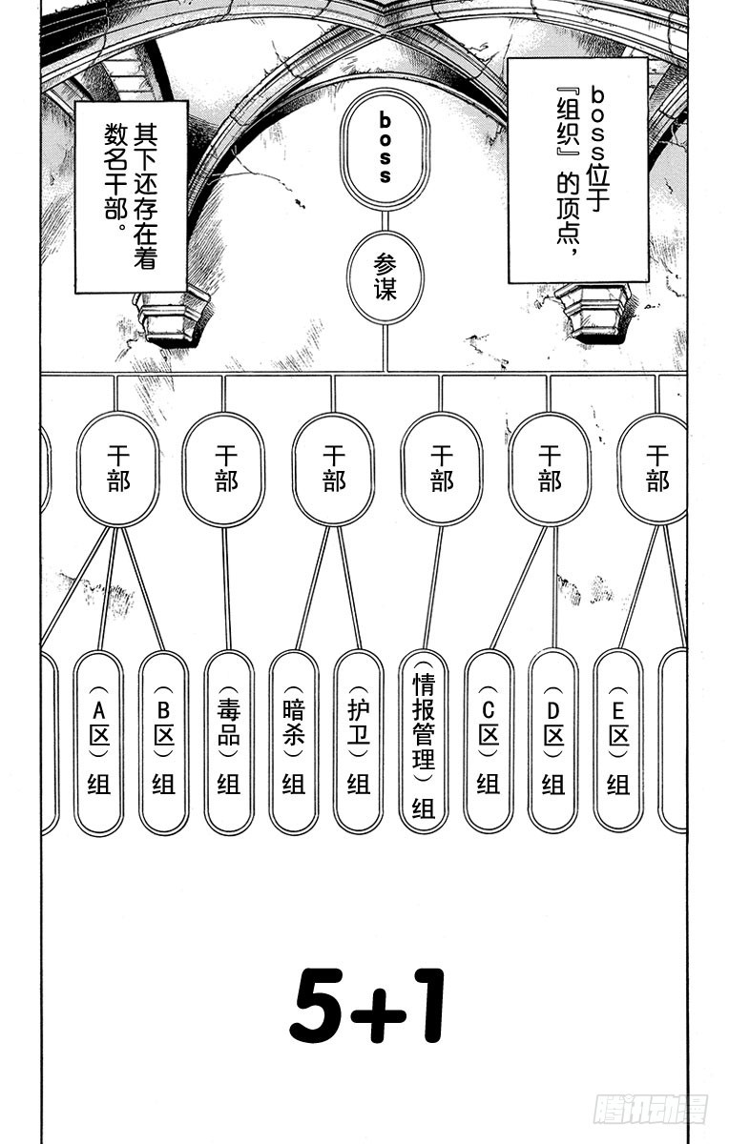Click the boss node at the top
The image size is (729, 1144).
(x=385, y=149)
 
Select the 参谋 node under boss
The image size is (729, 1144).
(x=385, y=277)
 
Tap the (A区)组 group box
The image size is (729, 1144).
(x=99, y=741)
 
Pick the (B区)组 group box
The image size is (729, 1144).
(x=164, y=741)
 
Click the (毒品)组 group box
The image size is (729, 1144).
(x=229, y=741)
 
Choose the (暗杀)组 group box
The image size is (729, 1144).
(x=294, y=741)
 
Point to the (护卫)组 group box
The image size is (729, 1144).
(x=359, y=741)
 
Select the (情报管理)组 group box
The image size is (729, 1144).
(x=424, y=741)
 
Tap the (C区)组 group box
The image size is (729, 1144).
(x=489, y=741)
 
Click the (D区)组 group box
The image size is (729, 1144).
(x=553, y=741)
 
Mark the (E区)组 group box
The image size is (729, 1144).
(x=618, y=741)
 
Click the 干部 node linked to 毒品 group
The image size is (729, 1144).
(x=224, y=469)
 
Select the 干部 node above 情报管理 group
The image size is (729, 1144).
(x=441, y=469)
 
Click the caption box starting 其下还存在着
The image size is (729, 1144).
(x=131, y=195)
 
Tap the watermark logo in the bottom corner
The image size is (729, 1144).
(x=651, y=1109)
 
